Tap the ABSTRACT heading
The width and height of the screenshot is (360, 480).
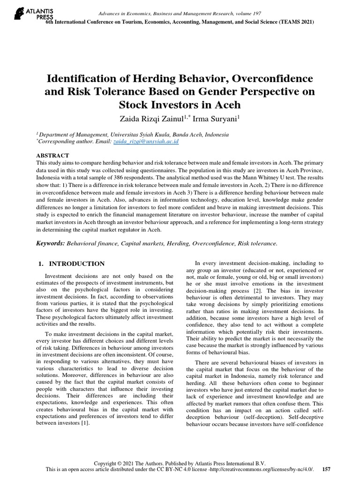click(x=52, y=155)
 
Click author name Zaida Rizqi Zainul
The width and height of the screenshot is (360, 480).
click(x=145, y=119)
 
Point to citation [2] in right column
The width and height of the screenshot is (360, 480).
click(x=257, y=291)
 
